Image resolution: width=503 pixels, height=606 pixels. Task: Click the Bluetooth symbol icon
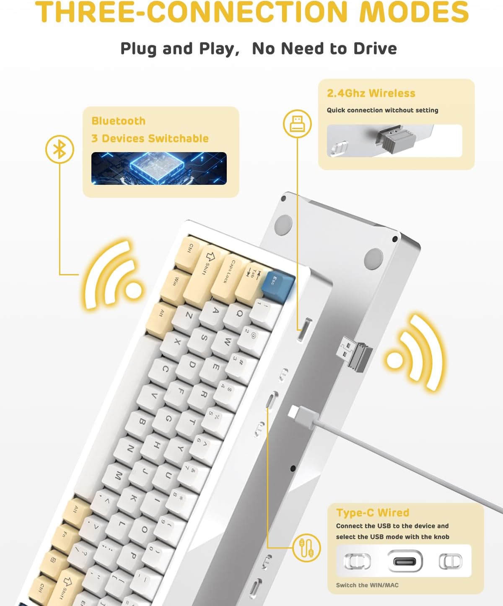coord(60,149)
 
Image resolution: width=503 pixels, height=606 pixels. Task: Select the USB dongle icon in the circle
coord(297,124)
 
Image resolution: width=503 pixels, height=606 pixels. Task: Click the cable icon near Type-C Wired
coord(306,548)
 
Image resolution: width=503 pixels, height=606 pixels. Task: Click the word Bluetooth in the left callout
coord(119,121)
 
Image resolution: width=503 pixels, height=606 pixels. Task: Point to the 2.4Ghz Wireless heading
coord(371,93)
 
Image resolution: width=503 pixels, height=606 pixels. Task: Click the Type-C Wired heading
coord(373,513)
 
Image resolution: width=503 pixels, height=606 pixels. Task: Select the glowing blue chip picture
coord(159,168)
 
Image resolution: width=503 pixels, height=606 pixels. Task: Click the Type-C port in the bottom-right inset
coord(404,561)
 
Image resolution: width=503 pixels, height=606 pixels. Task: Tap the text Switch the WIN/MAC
coord(367,585)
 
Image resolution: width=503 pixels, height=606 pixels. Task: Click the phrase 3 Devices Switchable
coord(150,138)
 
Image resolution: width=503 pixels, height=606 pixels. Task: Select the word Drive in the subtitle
coord(375,49)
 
